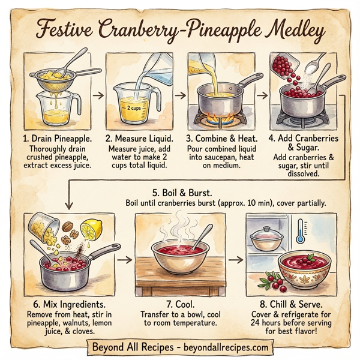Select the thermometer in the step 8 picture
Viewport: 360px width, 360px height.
coord(300,232)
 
